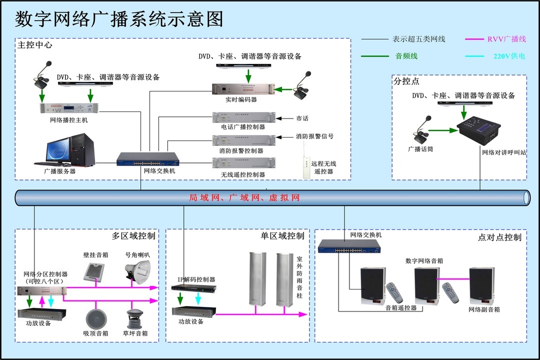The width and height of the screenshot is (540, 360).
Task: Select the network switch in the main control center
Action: (147, 159)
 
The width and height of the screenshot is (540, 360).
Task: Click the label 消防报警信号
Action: (314, 136)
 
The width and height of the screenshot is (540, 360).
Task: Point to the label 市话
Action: (302, 118)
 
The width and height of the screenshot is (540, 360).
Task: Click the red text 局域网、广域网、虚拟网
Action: (244, 197)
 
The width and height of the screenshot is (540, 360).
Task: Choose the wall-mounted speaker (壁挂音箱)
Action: (94, 271)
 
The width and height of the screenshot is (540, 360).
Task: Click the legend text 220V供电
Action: (508, 56)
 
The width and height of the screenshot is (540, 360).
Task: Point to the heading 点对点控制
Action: (499, 237)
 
